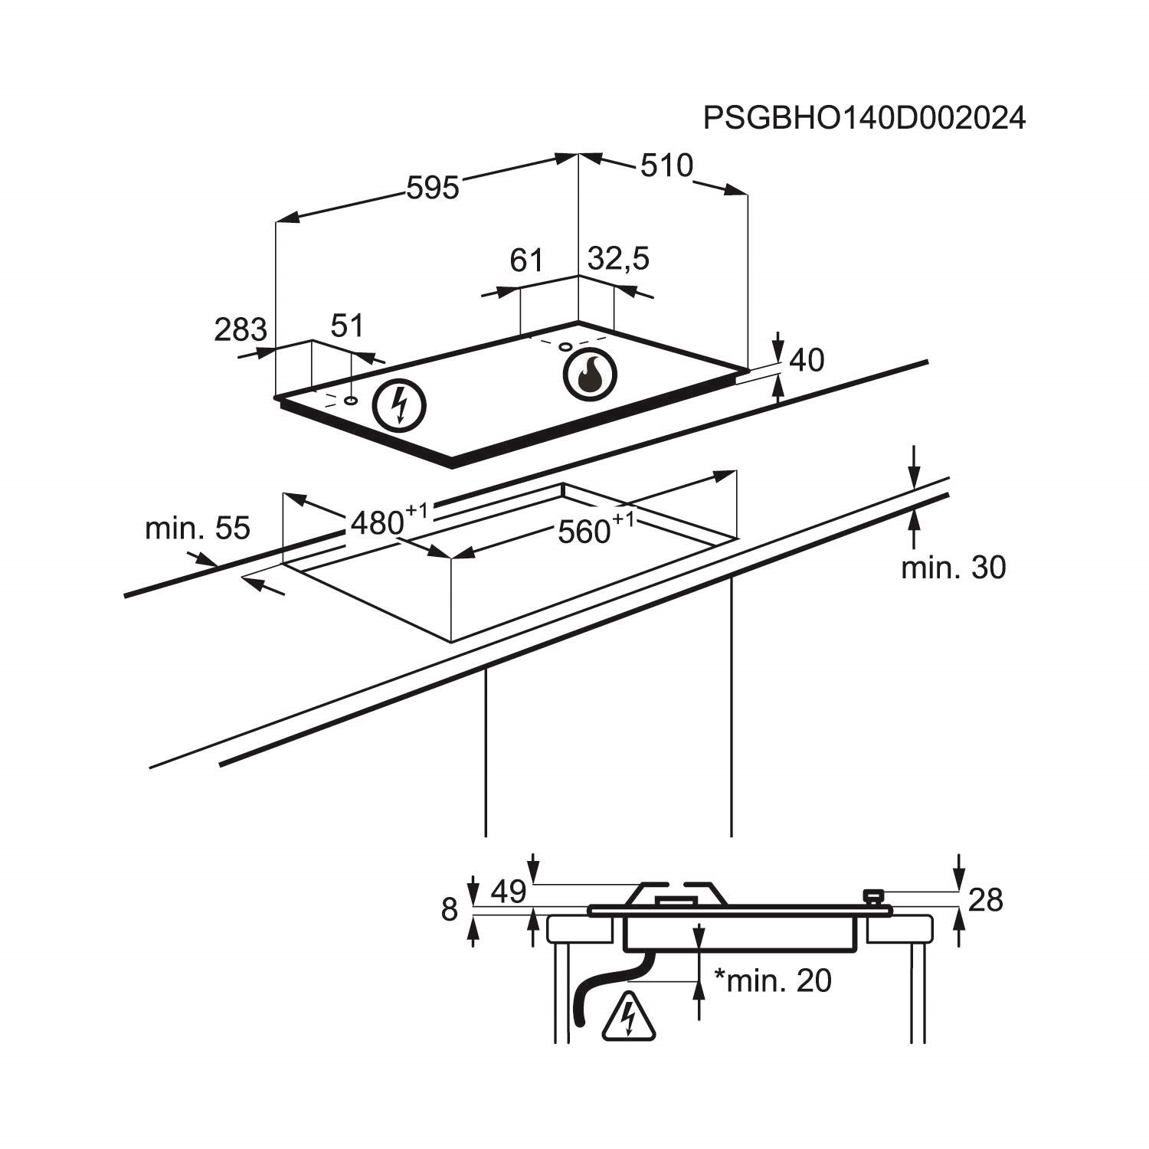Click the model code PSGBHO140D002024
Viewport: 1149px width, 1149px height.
coord(864,119)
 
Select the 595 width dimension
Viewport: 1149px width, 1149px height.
coord(432,188)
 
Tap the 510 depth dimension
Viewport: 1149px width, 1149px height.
coord(666,165)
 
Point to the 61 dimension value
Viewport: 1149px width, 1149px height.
coord(526,260)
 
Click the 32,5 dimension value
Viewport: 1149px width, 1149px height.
coord(618,259)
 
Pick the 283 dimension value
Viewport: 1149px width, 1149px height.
coord(240,330)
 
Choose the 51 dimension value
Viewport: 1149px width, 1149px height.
coord(347,326)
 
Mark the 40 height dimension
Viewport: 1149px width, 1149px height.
coord(806,360)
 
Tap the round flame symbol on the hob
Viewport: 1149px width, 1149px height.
coord(589,375)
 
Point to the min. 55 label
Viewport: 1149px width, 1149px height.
coord(198,529)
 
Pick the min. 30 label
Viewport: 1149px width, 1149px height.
coord(953,568)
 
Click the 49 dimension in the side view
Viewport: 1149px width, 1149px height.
coord(509,892)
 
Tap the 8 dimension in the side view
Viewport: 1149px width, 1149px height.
coord(450,910)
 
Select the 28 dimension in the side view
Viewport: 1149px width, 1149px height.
coord(985,901)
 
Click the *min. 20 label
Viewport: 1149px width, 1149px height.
coord(772,980)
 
